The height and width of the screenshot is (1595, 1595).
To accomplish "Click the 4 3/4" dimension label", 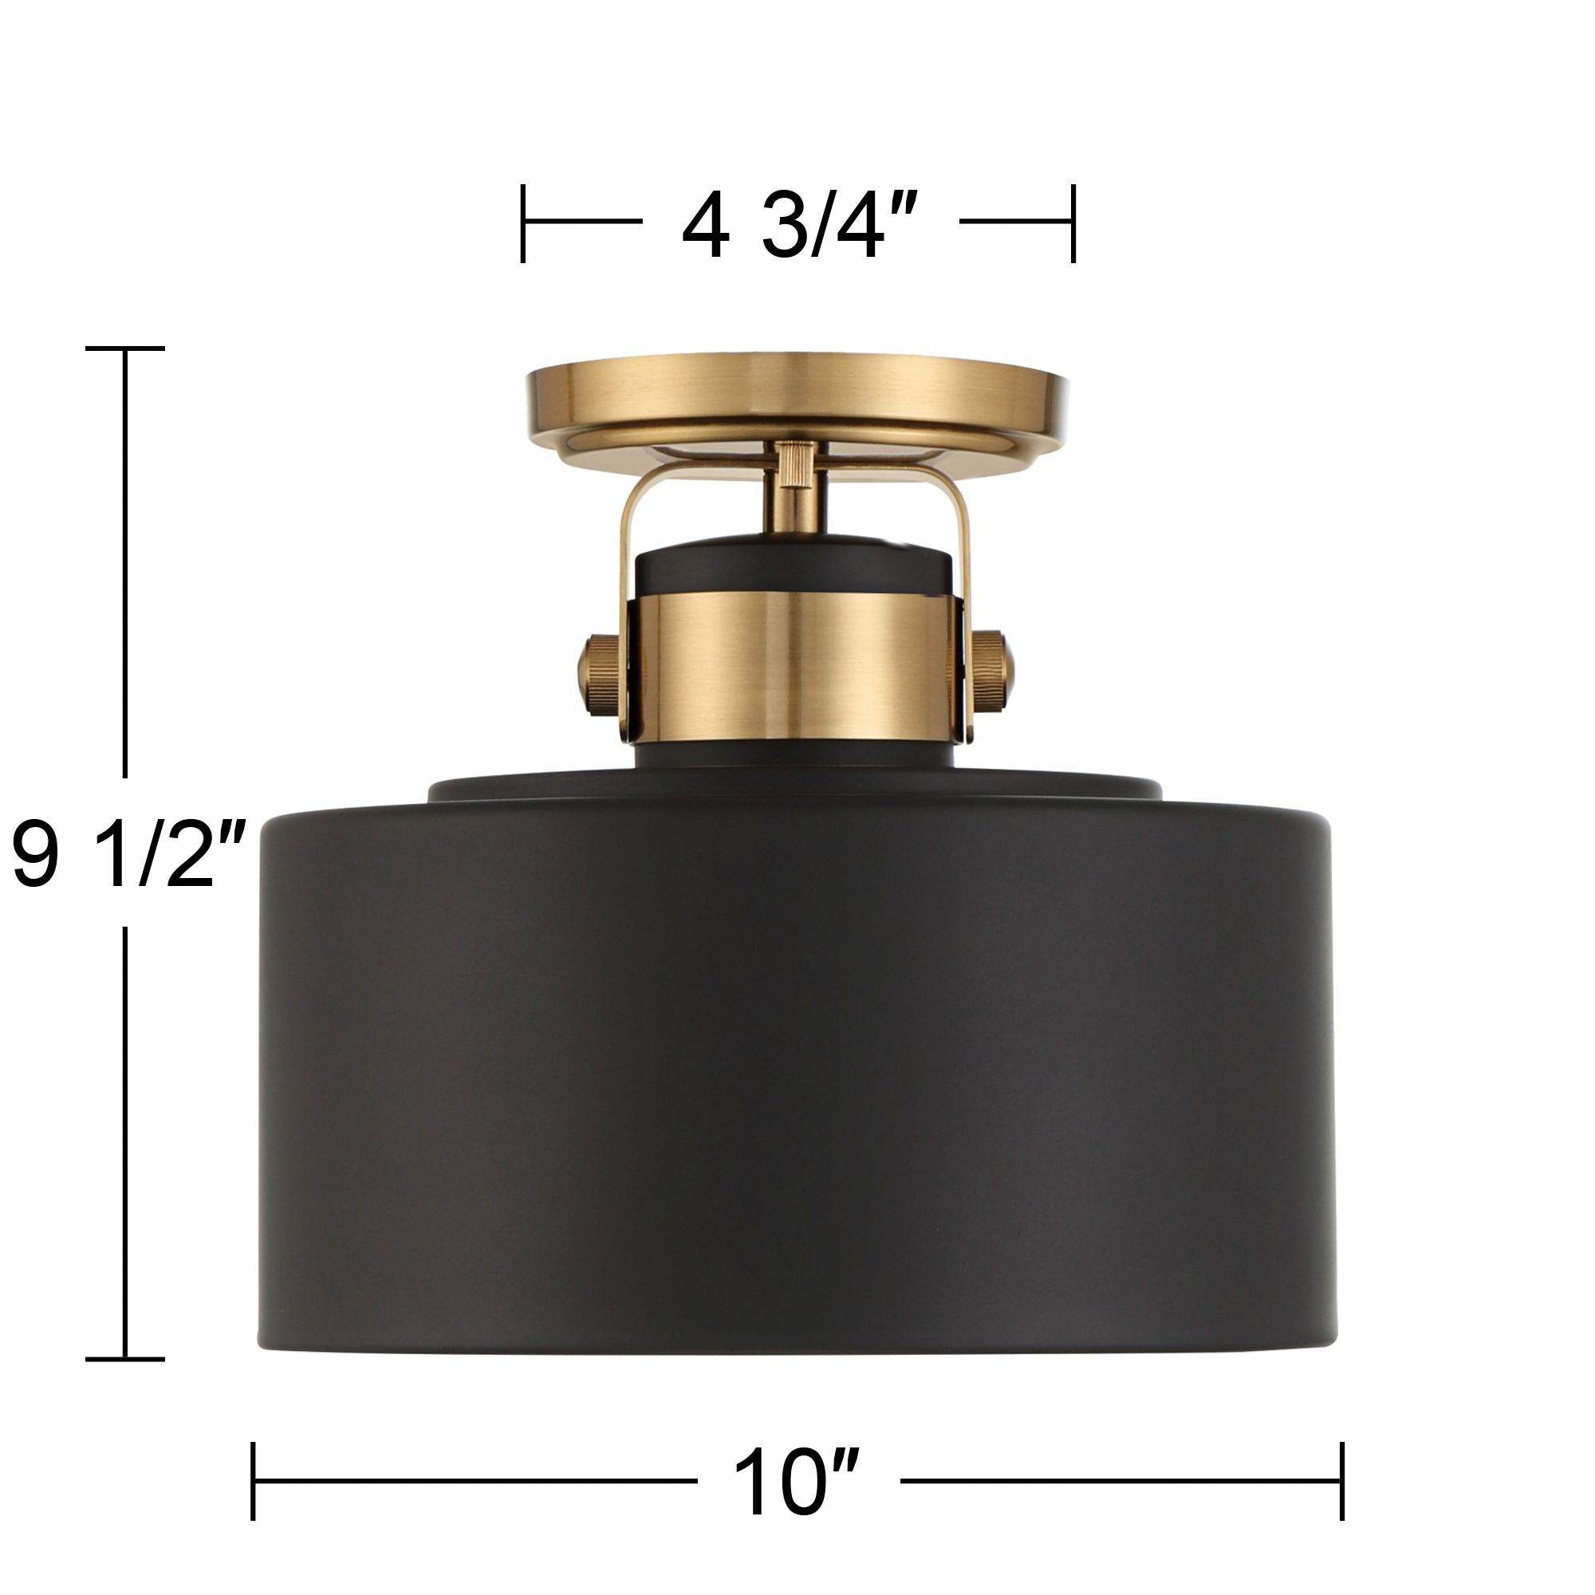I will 799,226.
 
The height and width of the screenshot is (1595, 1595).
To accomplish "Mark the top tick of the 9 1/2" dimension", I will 125,349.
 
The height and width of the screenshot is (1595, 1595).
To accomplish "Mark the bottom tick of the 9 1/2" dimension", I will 125,1359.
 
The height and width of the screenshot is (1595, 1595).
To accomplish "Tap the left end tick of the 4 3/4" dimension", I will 523,223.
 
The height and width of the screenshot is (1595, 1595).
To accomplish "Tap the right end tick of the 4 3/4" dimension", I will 1073,223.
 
